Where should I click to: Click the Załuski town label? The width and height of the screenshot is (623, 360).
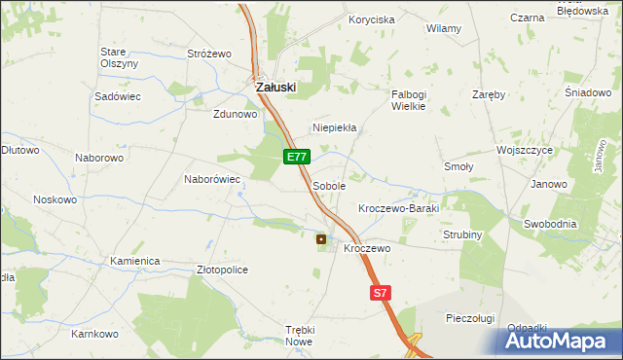pyautogui.click(x=275, y=87)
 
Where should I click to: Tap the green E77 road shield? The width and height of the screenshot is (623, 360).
pyautogui.click(x=297, y=157)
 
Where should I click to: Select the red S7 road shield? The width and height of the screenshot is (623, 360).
pyautogui.click(x=381, y=292)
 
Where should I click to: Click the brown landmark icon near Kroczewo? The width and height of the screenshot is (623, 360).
pyautogui.click(x=321, y=238)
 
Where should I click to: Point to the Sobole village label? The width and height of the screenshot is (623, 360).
pyautogui.click(x=329, y=185)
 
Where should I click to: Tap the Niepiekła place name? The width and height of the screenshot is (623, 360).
pyautogui.click(x=335, y=127)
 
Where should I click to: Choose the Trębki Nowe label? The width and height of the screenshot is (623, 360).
pyautogui.click(x=300, y=336)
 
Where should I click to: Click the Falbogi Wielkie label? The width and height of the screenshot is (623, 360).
pyautogui.click(x=409, y=100)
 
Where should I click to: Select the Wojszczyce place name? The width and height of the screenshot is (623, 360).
pyautogui.click(x=524, y=150)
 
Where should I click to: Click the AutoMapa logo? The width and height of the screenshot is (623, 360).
pyautogui.click(x=563, y=341)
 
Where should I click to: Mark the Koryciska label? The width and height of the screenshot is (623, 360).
pyautogui.click(x=372, y=19)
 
